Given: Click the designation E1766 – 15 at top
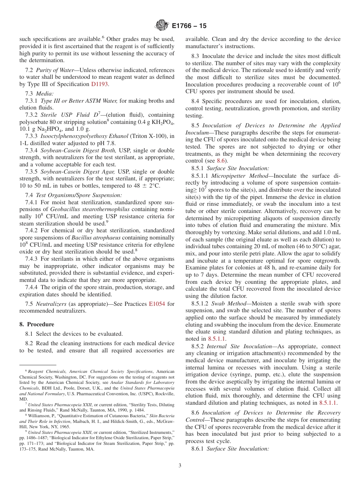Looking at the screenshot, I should [189, 26].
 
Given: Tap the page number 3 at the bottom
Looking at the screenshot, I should [180, 466].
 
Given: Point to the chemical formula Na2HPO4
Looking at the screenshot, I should [46, 129].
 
